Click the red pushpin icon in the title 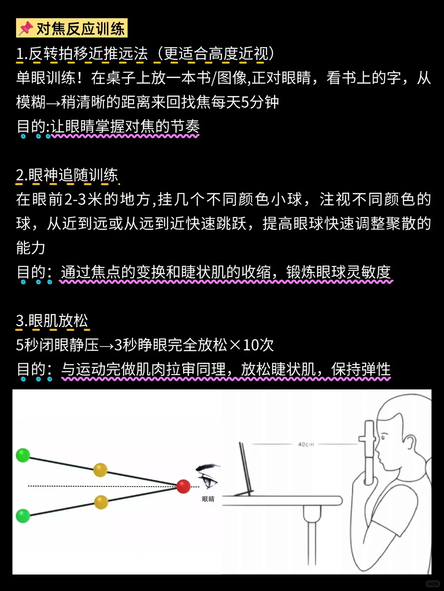[x=25, y=28]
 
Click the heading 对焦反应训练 [x=81, y=29]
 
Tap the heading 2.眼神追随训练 [x=67, y=175]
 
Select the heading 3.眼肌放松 [x=52, y=321]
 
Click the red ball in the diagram [x=183, y=486]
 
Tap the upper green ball [x=23, y=455]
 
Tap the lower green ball [x=23, y=515]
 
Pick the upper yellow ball [x=100, y=470]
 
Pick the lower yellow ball [x=101, y=502]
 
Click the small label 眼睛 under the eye [x=208, y=499]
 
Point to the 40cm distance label [x=306, y=444]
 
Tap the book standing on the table [x=246, y=468]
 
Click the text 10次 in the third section [x=258, y=345]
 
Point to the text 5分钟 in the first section [x=260, y=102]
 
